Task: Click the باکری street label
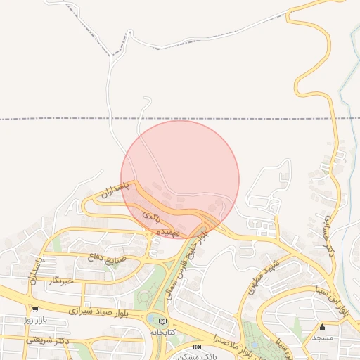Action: click(151, 215)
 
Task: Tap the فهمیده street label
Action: click(170, 231)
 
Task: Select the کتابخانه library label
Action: click(164, 330)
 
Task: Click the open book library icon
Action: click(164, 321)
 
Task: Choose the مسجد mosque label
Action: click(323, 337)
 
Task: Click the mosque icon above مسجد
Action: click(323, 327)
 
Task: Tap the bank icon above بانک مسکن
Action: click(197, 347)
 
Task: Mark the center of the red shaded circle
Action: click(180, 179)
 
